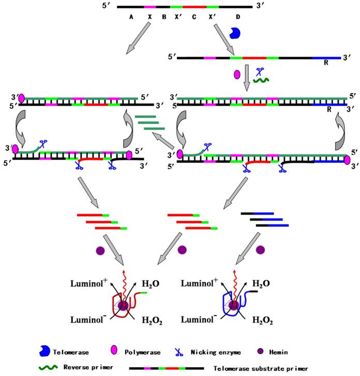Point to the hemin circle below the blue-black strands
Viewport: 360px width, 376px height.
point(261,250)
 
